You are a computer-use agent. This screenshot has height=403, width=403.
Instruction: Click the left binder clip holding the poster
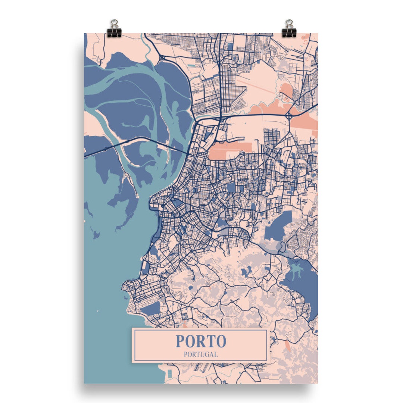point(113,29)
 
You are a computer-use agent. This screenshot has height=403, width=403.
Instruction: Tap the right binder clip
point(288,29)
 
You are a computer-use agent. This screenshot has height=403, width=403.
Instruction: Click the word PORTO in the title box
point(201,341)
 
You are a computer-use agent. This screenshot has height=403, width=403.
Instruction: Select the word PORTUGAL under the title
point(201,354)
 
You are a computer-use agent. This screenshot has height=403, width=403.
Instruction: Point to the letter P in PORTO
point(180,341)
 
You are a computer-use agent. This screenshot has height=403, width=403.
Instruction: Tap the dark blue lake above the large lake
point(278,226)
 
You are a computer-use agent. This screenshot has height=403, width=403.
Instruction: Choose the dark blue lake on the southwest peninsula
point(151,309)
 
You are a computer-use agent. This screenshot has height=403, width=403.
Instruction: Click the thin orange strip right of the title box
point(288,345)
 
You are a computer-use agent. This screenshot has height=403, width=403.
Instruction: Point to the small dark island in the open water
point(96,235)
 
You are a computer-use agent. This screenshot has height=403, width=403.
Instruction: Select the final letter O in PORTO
point(221,341)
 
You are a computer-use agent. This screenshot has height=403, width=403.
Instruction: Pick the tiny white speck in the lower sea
point(98,310)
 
